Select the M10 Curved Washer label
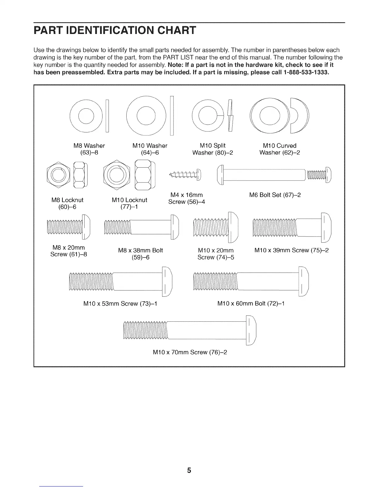(279, 149)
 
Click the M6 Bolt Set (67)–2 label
(275, 195)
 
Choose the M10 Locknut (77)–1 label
(129, 203)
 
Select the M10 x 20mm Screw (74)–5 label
(216, 253)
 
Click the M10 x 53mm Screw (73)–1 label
(120, 303)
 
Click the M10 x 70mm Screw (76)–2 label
(190, 352)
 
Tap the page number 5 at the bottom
(189, 470)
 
